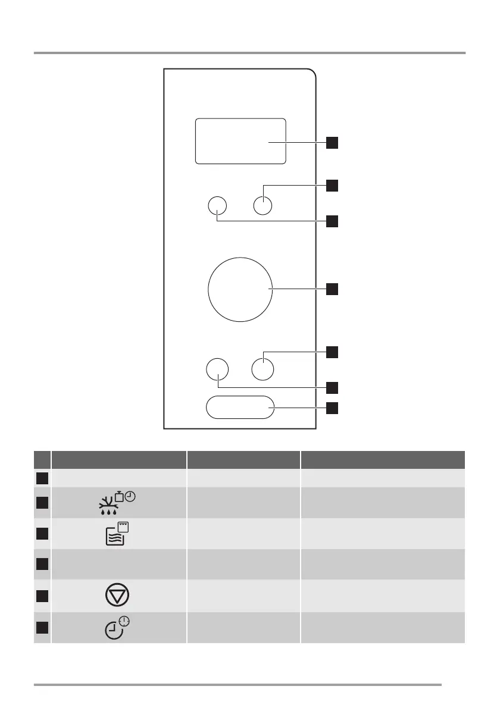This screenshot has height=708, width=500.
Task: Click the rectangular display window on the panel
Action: pos(240,141)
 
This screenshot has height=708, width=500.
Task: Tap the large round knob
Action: pos(240,290)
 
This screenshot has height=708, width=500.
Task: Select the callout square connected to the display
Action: pos(332,142)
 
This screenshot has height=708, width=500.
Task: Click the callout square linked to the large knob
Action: pos(332,290)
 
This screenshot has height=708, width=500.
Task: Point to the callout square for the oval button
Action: pos(332,408)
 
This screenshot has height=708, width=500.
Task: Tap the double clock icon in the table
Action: pos(117,628)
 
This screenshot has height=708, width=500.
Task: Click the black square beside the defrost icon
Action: pos(41,503)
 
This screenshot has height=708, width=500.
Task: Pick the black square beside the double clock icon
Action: pos(41,628)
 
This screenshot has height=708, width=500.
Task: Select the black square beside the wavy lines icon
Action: pos(41,534)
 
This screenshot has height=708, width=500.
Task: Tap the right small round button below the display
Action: pos(262,205)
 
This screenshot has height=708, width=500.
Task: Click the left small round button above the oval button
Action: pos(217,369)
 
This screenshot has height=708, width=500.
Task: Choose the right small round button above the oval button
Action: pos(262,369)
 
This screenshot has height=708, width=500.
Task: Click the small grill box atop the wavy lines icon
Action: pos(124,527)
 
